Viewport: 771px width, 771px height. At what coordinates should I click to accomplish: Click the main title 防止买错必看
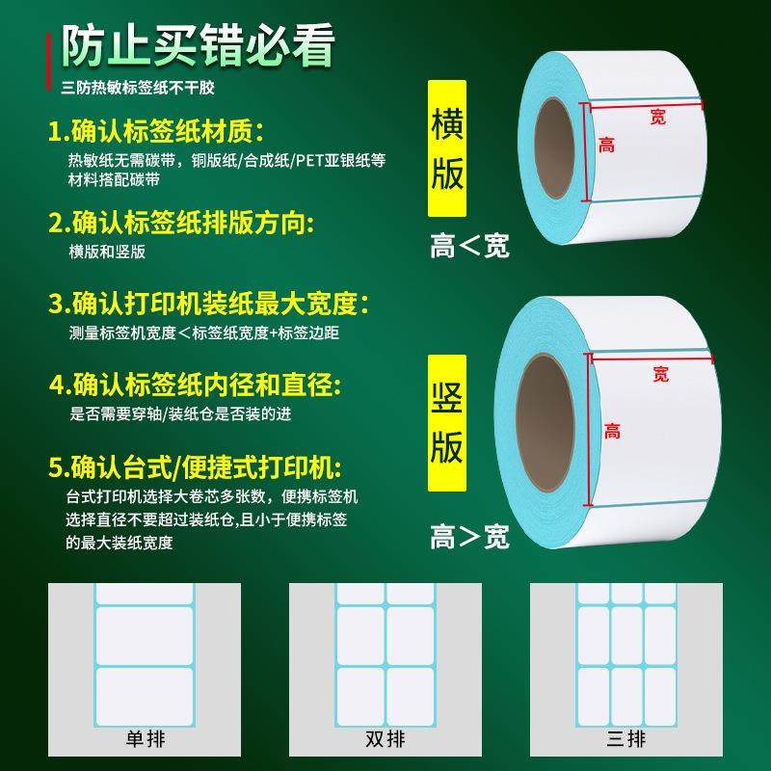[199, 46]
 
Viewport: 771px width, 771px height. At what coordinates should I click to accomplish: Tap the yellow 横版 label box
[446, 146]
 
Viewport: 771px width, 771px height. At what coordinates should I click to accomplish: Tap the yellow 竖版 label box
[446, 421]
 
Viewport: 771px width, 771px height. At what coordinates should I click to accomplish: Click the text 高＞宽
[469, 537]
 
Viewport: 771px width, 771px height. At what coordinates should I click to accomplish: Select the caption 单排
[144, 738]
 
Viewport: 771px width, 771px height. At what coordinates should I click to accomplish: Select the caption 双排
[385, 738]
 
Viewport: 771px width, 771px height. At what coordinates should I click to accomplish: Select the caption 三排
[625, 738]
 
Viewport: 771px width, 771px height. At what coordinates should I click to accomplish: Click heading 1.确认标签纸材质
[156, 130]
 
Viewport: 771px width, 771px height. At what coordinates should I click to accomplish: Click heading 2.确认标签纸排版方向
[181, 224]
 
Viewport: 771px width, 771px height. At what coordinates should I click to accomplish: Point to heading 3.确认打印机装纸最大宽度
[208, 306]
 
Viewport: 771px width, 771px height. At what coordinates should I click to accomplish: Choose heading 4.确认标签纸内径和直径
[195, 386]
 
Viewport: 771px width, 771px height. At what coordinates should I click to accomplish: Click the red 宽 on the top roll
[657, 117]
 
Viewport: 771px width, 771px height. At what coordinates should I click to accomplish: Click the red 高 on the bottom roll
[612, 431]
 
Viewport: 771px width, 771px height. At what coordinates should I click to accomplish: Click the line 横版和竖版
[107, 252]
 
